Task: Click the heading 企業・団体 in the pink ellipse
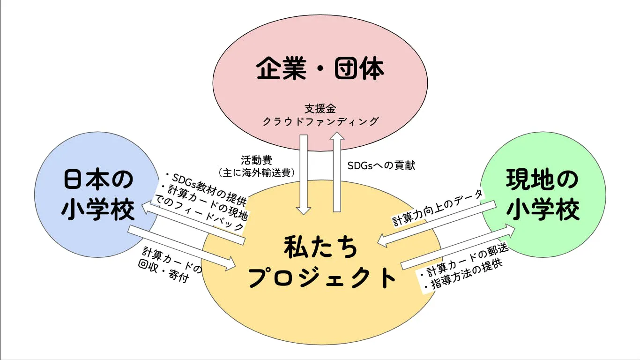coord(320,69)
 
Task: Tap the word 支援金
coord(320,109)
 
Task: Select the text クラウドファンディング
coord(320,121)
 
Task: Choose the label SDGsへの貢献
coord(381,165)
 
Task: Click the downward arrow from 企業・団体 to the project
coord(304,173)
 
